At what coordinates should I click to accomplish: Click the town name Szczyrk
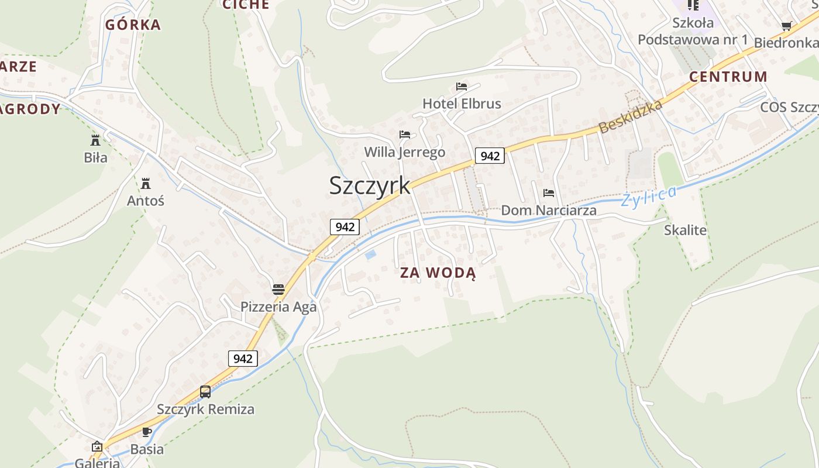point(370,185)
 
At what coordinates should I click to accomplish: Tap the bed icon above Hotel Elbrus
point(462,87)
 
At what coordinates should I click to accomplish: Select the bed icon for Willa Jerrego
point(404,135)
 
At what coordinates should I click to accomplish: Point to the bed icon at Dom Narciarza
point(548,192)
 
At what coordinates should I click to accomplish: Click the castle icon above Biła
point(95,140)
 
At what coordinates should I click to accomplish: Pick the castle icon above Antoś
point(146,184)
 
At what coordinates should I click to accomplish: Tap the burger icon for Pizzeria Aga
point(278,289)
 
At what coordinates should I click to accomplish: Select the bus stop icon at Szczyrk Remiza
point(205,392)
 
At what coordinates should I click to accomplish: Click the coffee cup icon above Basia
point(147,432)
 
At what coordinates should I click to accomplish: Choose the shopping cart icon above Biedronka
point(786,26)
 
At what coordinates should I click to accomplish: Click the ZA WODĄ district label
point(438,273)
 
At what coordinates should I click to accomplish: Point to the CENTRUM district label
point(728,77)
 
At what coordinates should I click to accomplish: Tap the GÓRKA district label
point(133,25)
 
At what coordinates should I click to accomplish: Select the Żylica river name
point(649,196)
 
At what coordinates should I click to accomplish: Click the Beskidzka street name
point(631,116)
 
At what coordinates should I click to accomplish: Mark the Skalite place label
point(685,230)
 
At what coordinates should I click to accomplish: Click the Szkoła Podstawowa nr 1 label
point(693,31)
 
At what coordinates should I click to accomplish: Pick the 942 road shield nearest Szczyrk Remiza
point(243,359)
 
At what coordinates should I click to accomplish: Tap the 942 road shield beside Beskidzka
point(490,156)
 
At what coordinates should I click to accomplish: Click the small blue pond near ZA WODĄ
point(370,254)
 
